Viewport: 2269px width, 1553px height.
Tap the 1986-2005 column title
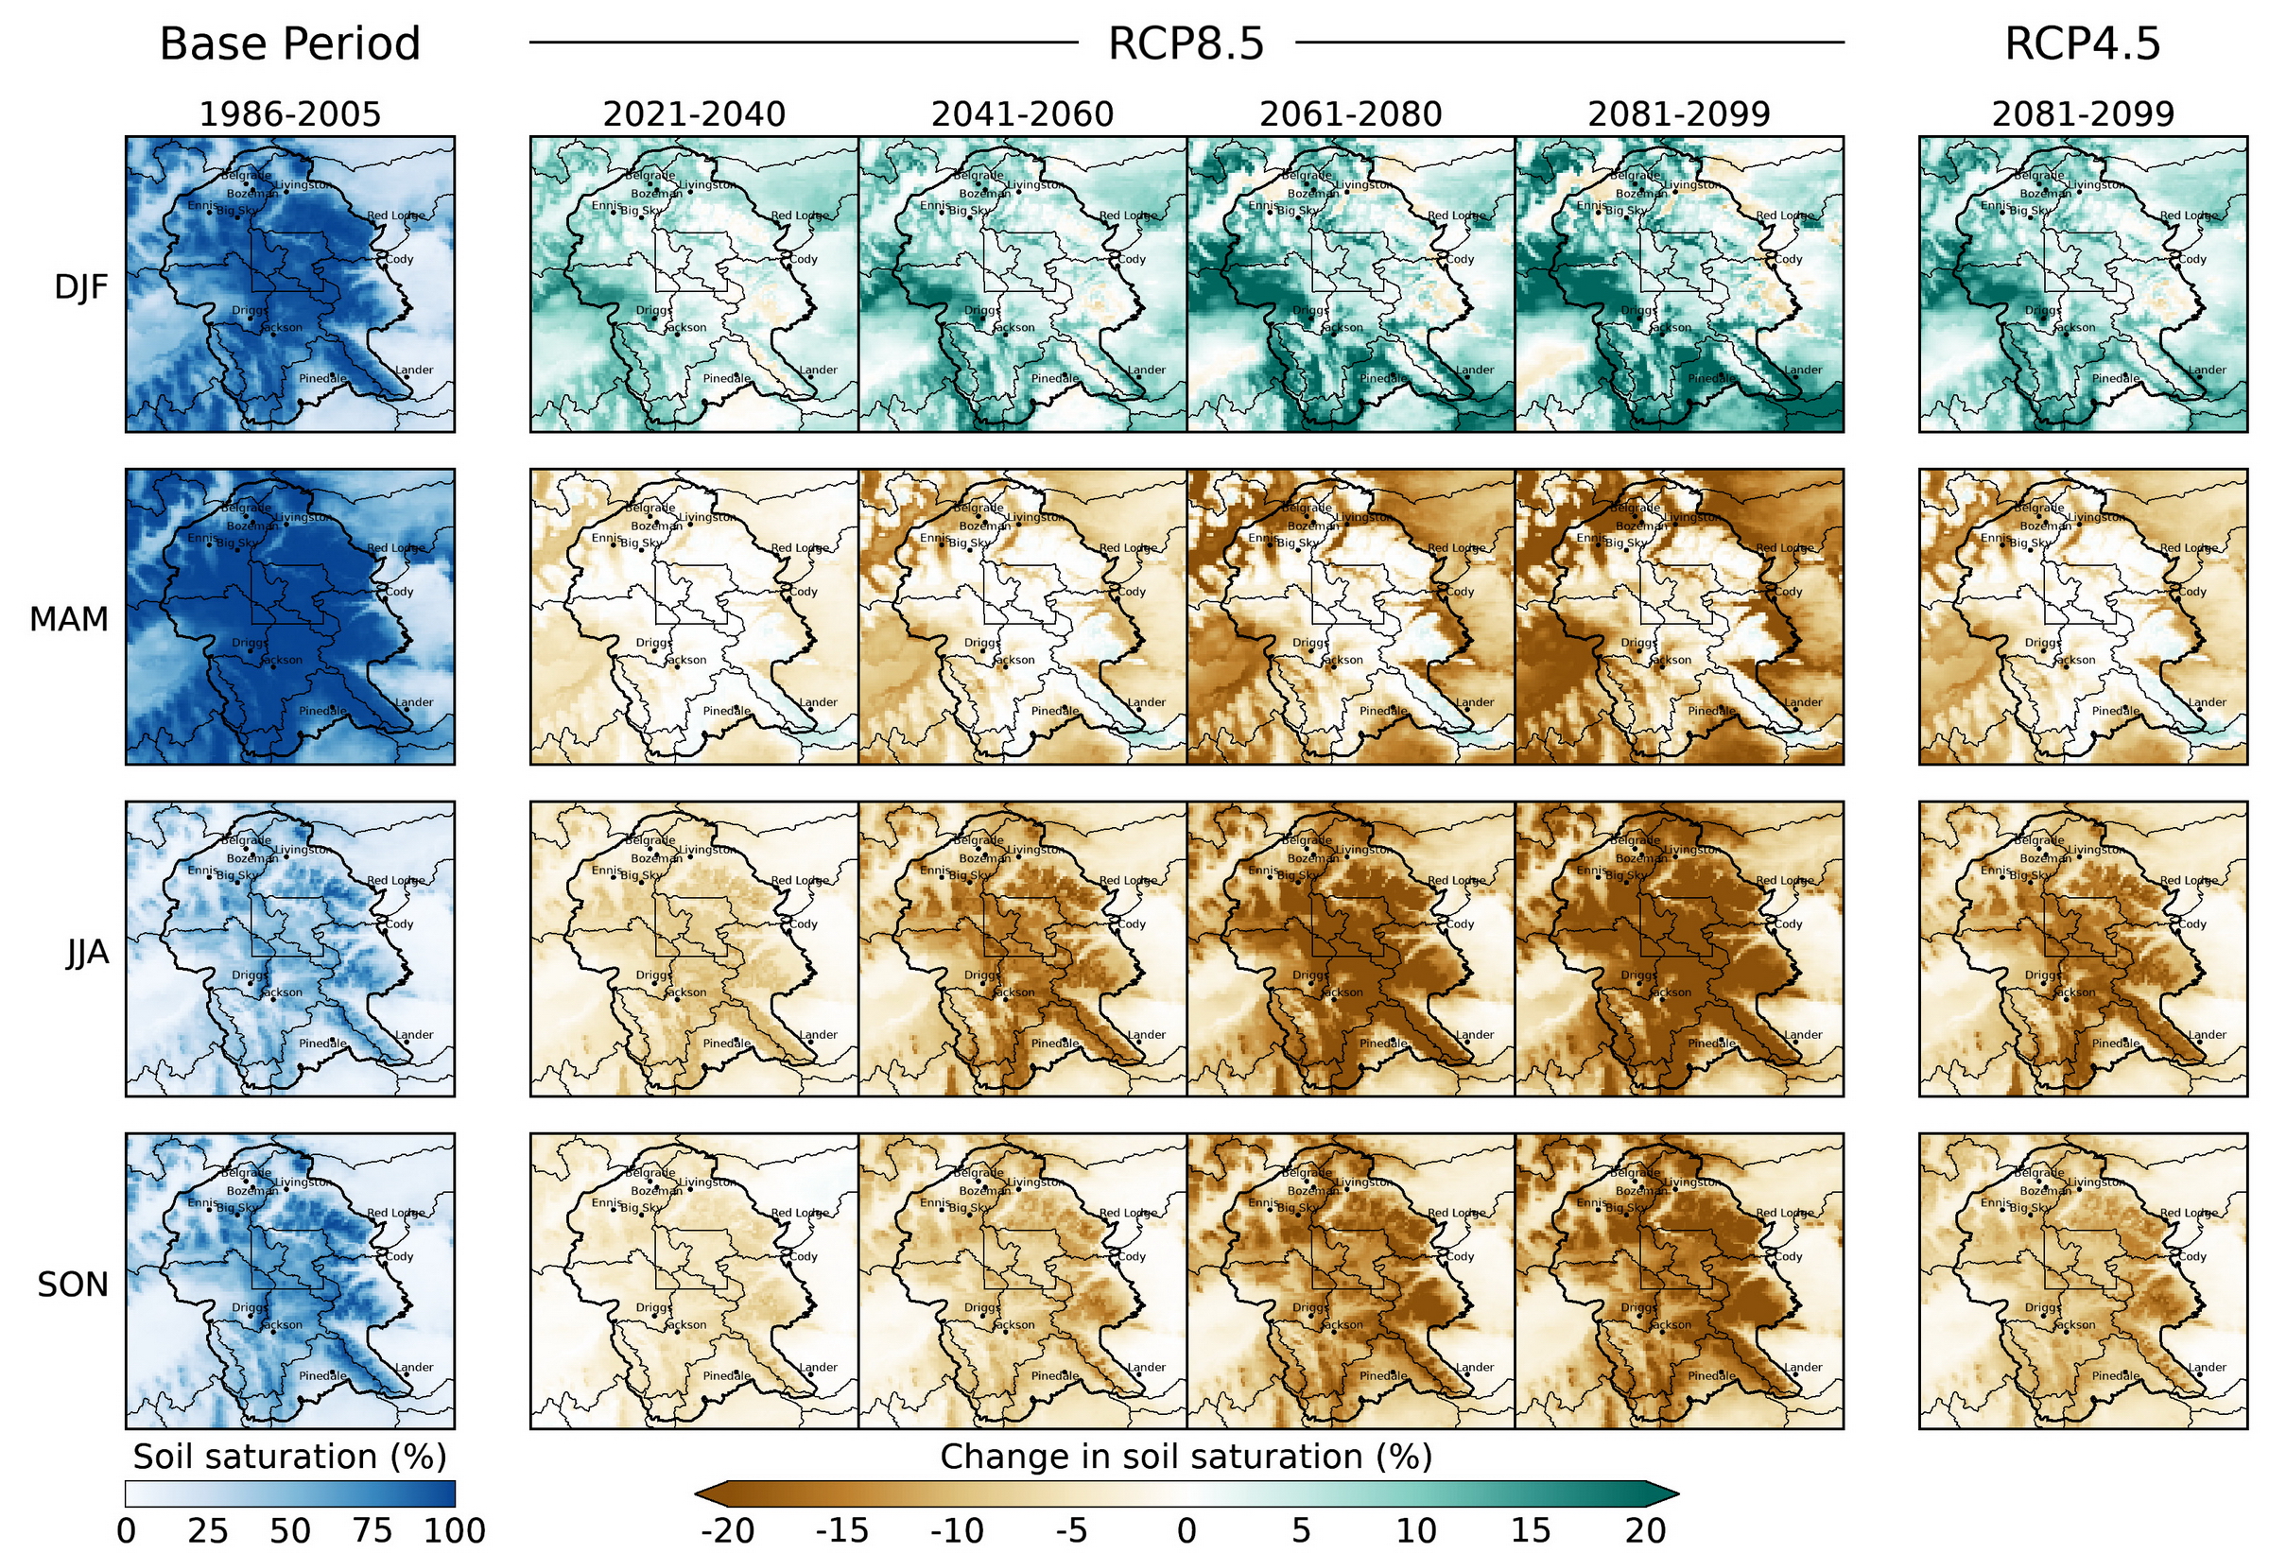[289, 115]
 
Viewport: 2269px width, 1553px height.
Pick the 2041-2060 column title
[1021, 115]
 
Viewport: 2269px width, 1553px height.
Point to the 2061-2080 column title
[1349, 115]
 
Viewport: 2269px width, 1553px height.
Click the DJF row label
[81, 287]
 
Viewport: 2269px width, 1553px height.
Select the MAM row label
[68, 620]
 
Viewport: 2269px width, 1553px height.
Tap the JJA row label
[87, 953]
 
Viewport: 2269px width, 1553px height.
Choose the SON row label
[72, 1285]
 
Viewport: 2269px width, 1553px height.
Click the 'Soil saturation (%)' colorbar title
[289, 1457]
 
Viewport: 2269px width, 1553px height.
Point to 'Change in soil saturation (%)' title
[1186, 1457]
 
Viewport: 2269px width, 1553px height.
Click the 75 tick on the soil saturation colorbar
[372, 1530]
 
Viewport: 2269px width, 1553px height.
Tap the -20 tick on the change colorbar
[726, 1530]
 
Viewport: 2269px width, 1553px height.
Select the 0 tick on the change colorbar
[1186, 1530]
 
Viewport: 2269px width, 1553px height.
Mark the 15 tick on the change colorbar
[1530, 1530]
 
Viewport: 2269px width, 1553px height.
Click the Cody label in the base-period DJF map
[399, 260]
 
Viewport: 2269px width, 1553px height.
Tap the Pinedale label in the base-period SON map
[322, 1375]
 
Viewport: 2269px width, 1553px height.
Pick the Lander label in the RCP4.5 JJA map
[2207, 1035]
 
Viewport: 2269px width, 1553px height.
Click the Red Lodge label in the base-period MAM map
[395, 548]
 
